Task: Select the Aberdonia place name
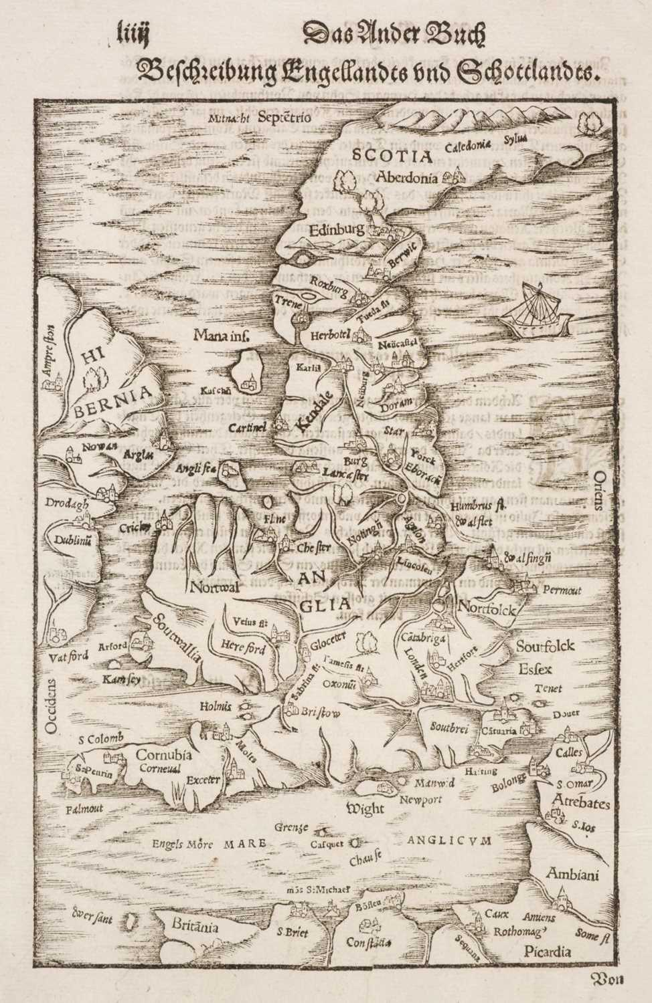(408, 177)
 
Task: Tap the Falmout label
(85, 808)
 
